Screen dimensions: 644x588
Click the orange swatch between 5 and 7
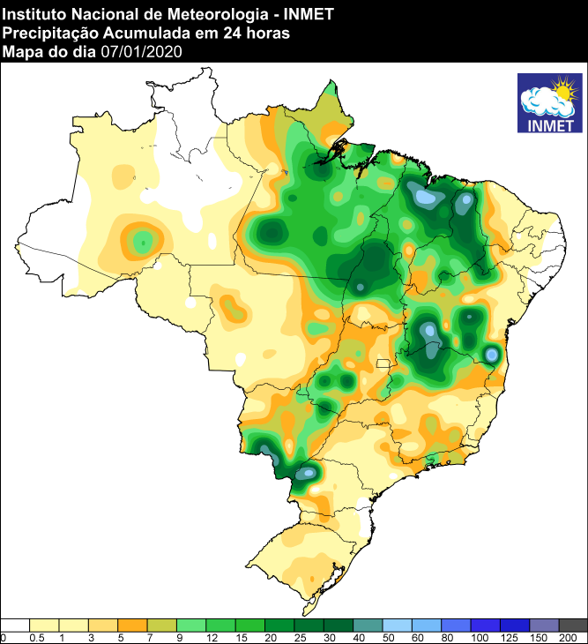coord(133,625)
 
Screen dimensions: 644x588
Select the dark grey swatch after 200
coord(573,625)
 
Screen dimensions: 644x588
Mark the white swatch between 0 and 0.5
coord(16,625)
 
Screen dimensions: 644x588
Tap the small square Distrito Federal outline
coord(383,363)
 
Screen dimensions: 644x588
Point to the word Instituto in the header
coord(34,12)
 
